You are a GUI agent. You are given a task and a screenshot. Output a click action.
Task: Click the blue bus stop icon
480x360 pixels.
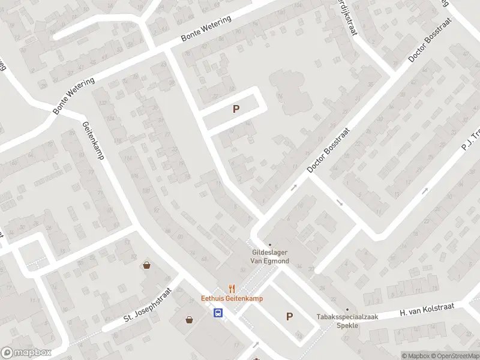coord(218,312)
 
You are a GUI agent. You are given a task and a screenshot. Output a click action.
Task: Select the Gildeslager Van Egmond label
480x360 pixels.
coord(269,257)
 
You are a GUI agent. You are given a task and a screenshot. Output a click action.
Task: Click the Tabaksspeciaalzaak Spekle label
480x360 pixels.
coord(338,321)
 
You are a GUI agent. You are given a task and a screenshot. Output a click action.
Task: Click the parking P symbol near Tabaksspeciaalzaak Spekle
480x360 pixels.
coord(289,317)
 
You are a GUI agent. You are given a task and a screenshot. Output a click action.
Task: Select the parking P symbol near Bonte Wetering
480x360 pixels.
coord(236,109)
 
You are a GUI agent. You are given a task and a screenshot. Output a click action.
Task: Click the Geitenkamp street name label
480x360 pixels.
coord(94,140)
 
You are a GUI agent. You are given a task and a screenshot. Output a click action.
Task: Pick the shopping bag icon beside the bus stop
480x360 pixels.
coord(190,320)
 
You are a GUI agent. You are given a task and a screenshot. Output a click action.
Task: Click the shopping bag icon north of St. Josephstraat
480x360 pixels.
coord(146,265)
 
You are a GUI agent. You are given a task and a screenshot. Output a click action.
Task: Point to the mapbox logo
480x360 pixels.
coord(26,353)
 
